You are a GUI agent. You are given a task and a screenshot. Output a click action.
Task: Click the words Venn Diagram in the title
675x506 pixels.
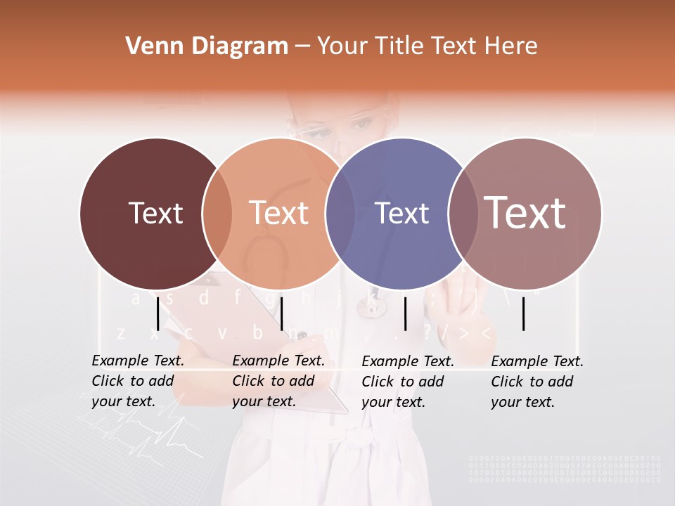point(207,46)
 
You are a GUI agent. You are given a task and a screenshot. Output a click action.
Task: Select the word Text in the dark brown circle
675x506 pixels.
point(155,213)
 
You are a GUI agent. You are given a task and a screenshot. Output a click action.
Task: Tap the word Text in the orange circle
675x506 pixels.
point(279,213)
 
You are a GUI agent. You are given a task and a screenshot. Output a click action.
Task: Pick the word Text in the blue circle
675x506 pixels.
point(402,213)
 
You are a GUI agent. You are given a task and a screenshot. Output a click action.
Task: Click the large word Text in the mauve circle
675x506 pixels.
point(525,212)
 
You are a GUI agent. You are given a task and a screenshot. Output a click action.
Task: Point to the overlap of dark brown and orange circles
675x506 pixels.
point(217,213)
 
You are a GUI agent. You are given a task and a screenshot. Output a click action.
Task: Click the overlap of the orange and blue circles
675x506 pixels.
point(340,213)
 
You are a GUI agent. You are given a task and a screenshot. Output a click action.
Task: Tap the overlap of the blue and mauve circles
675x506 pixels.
point(463,213)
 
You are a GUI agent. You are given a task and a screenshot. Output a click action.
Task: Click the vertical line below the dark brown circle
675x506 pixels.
point(158,313)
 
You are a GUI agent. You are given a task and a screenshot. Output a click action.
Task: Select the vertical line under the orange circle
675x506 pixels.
point(281,313)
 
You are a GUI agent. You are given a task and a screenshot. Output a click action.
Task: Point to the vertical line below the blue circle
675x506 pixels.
point(405,313)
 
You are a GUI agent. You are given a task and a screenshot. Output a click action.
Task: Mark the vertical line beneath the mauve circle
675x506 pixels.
point(524,313)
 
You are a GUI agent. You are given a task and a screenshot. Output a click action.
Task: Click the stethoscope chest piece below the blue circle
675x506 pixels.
point(370,304)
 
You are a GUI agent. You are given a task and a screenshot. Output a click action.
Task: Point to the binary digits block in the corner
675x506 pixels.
point(565,469)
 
